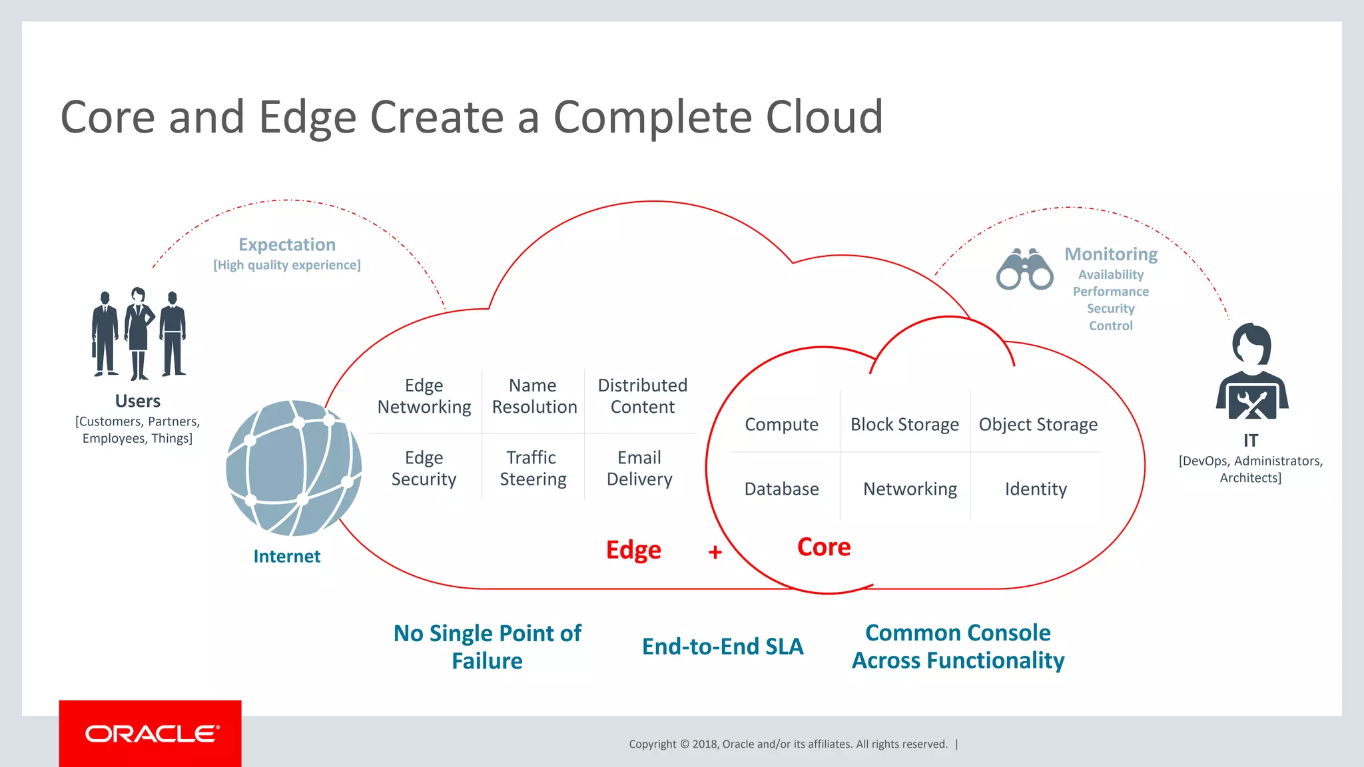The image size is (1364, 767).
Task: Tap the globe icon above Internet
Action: [294, 468]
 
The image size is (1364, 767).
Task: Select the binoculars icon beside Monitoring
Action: [1024, 270]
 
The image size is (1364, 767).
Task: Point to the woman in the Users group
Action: [139, 333]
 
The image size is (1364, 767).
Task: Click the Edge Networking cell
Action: [424, 396]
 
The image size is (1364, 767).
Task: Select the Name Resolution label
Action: [534, 396]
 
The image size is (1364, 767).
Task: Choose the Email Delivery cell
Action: [639, 468]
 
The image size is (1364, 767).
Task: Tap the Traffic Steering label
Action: [533, 468]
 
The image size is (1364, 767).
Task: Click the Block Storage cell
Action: [904, 424]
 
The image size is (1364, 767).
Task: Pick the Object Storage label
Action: [1038, 424]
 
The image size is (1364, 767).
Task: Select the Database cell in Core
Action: [781, 489]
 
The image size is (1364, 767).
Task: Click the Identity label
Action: [1036, 489]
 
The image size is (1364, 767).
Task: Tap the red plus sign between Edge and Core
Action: [715, 552]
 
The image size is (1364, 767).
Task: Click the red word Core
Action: [824, 547]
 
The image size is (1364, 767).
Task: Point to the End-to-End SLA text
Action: [723, 646]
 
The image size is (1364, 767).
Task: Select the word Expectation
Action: [287, 244]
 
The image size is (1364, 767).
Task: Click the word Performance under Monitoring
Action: [1110, 292]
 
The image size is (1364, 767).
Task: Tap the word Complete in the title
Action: [652, 117]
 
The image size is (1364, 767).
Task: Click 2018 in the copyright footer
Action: [704, 744]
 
